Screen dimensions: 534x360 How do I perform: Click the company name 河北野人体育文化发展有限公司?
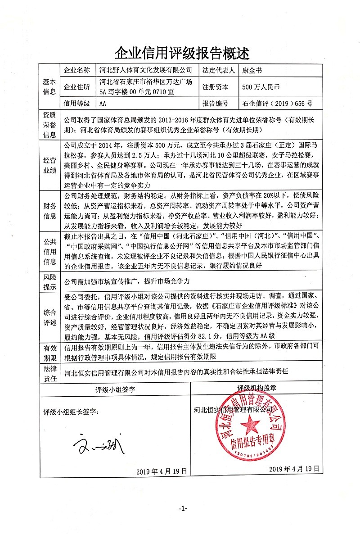coord(145,71)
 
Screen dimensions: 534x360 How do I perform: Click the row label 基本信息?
coord(49,87)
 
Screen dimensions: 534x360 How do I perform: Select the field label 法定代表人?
coord(219,71)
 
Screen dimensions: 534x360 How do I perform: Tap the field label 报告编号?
coord(215,103)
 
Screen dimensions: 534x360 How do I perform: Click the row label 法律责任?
coord(49,373)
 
